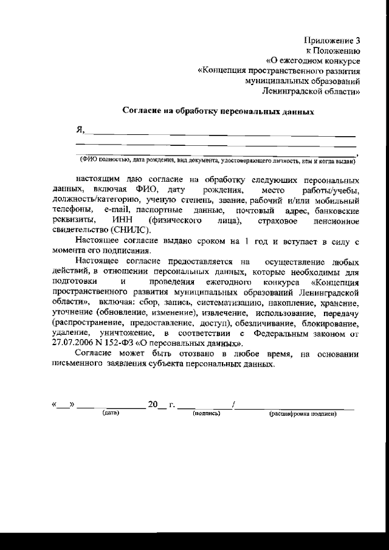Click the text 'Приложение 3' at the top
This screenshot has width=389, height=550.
(333, 40)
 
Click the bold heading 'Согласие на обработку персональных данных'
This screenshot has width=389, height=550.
(218, 112)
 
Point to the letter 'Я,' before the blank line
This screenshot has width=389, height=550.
(80, 130)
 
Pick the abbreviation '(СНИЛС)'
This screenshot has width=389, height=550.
(128, 229)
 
